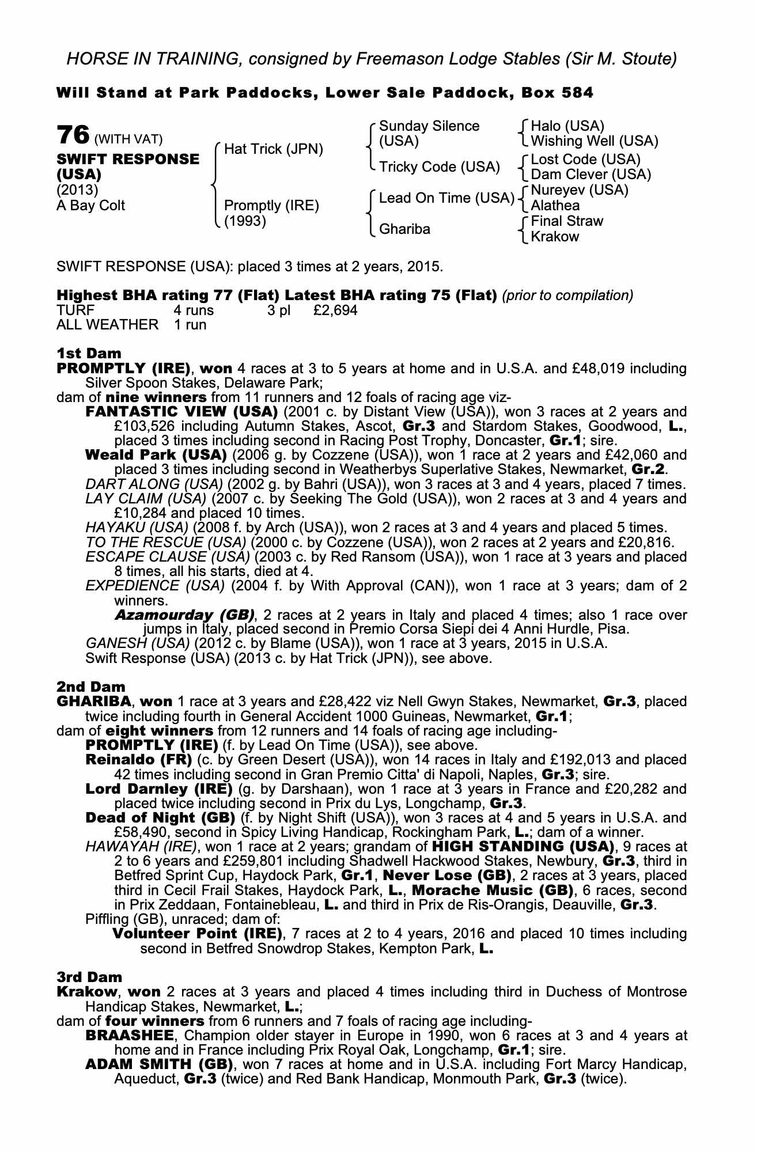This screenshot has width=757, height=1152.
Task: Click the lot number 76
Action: coord(73,136)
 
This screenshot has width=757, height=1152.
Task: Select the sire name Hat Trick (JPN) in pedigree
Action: coord(274,150)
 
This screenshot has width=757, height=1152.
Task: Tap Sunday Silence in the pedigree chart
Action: coord(429,127)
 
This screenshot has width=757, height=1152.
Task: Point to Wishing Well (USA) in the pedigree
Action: coord(595,141)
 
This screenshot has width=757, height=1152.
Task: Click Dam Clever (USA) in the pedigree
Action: coord(591,175)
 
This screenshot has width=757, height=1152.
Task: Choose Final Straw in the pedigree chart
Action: coord(566,221)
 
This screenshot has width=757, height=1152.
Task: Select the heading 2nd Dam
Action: coord(90,687)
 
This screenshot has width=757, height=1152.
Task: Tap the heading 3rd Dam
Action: coord(89,977)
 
